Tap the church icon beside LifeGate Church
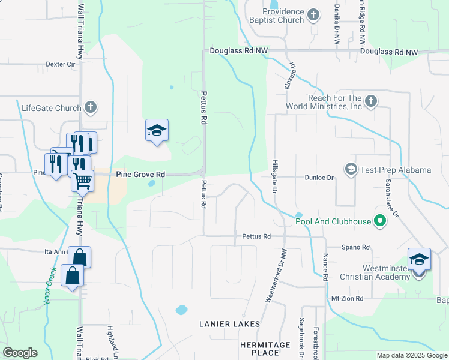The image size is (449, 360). click(90, 108)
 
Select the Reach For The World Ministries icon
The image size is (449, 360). click(371, 101)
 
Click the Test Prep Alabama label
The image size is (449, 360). click(396, 170)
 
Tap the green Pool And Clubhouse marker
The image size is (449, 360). click(379, 221)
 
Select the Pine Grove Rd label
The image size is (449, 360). click(140, 174)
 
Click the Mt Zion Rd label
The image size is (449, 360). click(348, 298)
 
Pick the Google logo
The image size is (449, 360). click(20, 353)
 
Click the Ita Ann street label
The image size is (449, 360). click(55, 252)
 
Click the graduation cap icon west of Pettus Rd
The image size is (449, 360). click(157, 130)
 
